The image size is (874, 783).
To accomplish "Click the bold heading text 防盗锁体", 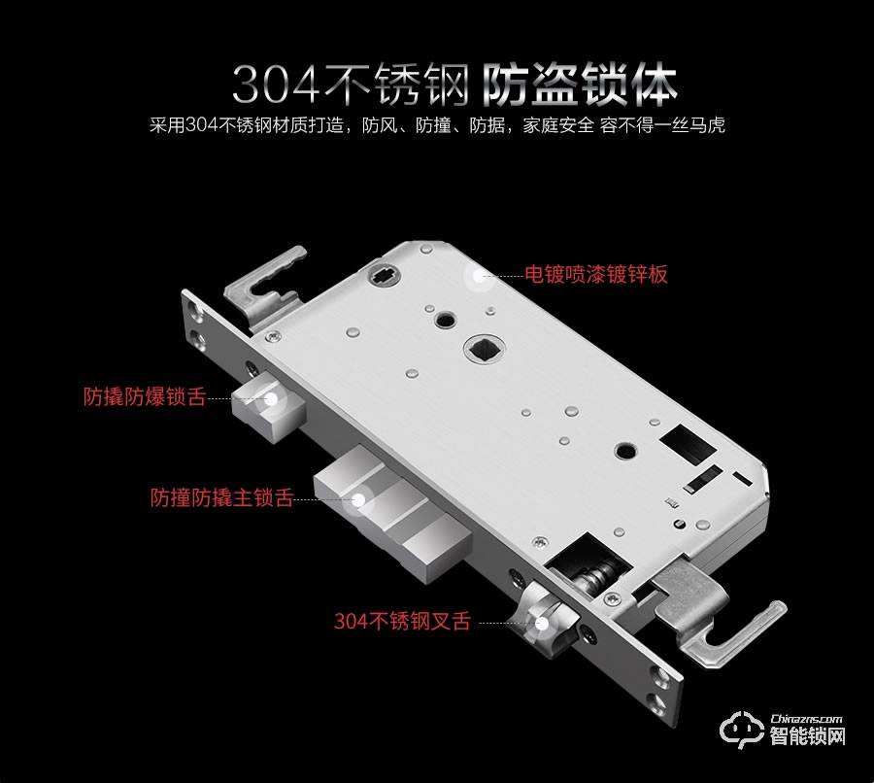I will click(580, 85).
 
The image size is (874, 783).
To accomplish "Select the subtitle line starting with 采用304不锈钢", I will click(438, 126).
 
